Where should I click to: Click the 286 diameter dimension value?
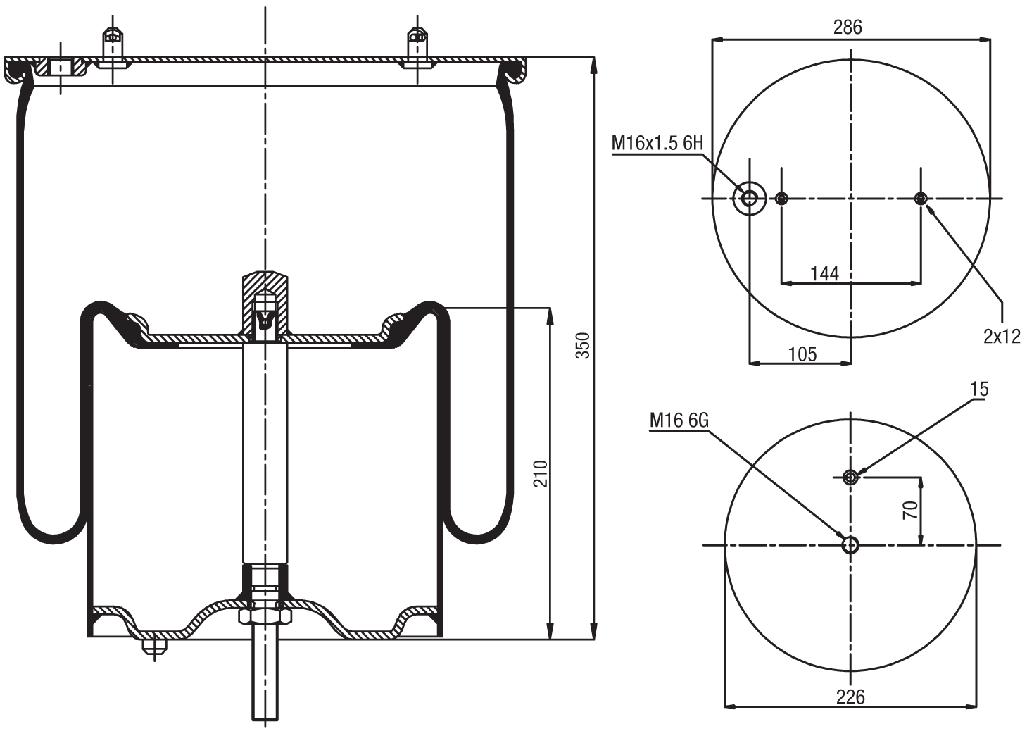coord(848,27)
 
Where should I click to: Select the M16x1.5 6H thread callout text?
coord(657,144)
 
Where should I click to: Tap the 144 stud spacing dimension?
coord(824,273)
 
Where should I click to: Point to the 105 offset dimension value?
coord(802,354)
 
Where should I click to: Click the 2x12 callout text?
coord(1002,336)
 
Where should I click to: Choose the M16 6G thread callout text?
coord(679,420)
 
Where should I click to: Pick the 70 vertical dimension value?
coord(910,510)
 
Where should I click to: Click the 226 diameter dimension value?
coord(850,697)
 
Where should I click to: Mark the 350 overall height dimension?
coord(584,345)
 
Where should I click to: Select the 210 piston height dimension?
coord(540,473)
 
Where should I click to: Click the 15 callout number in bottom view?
coord(979,389)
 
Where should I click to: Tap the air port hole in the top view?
coord(750,199)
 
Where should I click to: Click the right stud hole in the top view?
coord(920,199)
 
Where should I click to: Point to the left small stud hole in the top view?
coord(781,199)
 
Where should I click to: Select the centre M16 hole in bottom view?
coord(850,544)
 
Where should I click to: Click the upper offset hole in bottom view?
coord(850,478)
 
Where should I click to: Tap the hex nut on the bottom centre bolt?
coord(265,616)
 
